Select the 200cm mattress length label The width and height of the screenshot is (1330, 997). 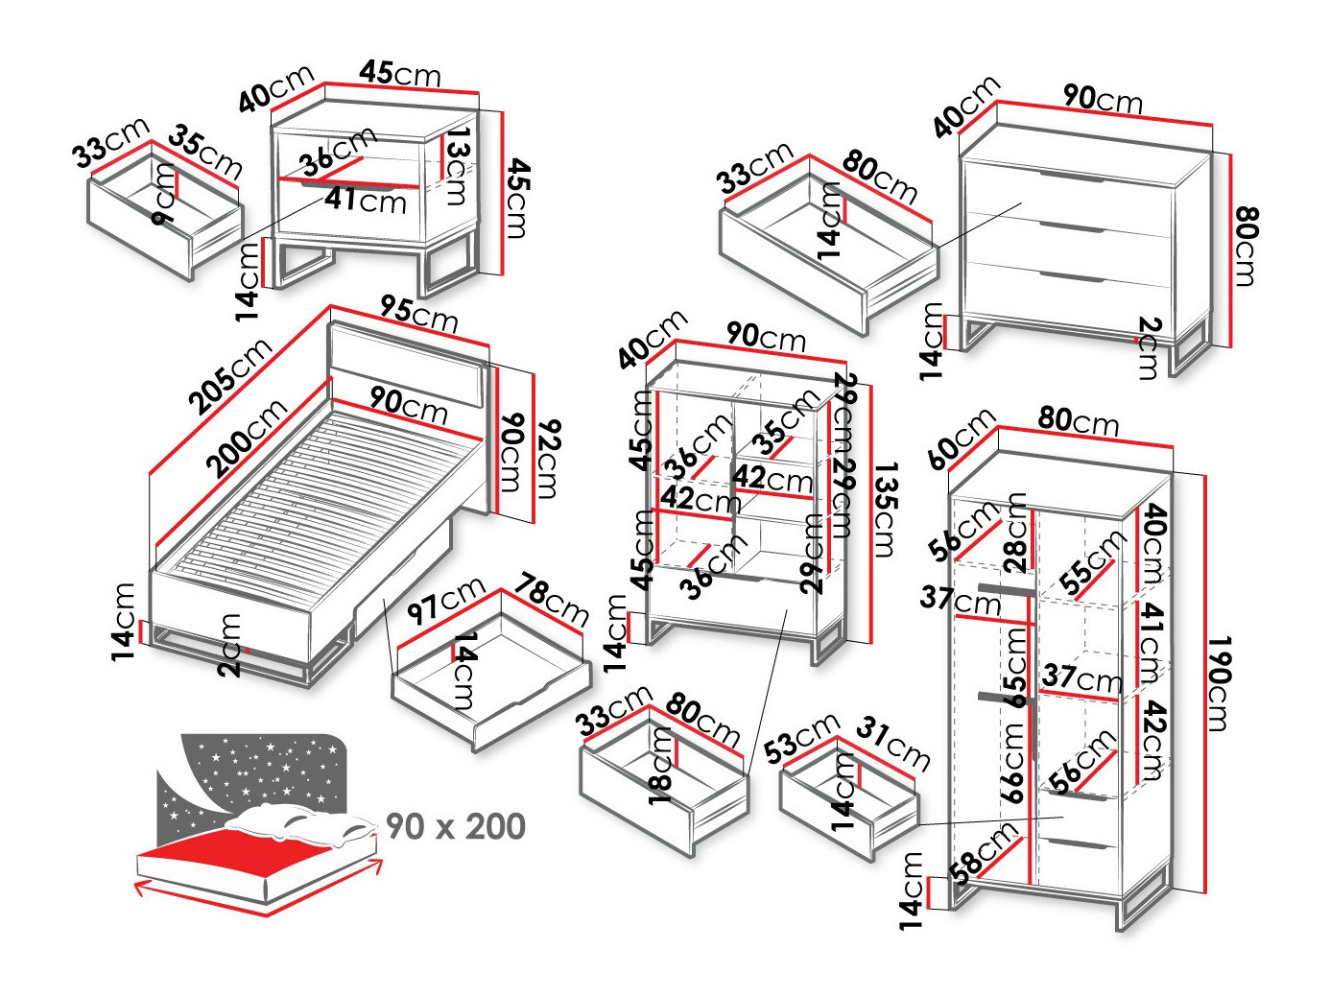pos(247,437)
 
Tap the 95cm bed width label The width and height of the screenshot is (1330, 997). pos(418,314)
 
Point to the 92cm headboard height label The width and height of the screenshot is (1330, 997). pos(548,458)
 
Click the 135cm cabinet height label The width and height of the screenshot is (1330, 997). pos(884,509)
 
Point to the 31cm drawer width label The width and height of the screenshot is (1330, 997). pos(892,743)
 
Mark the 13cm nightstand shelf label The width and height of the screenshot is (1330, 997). pos(458,165)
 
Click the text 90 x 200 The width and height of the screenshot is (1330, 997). pos(456,826)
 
